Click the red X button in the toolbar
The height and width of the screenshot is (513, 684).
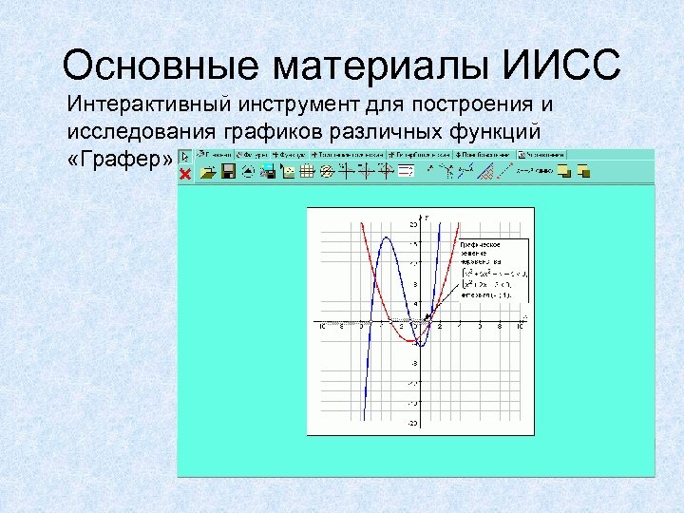point(185,174)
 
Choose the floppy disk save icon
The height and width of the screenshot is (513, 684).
point(228,172)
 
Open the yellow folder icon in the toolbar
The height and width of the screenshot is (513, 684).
point(208,172)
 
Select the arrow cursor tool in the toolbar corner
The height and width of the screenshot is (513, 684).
point(185,158)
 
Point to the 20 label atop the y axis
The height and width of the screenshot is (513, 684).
point(413,225)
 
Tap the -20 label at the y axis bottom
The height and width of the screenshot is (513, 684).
point(412,423)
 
